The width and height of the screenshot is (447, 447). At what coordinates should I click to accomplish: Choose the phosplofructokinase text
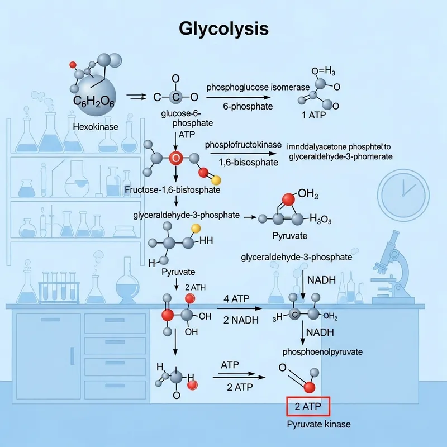243,145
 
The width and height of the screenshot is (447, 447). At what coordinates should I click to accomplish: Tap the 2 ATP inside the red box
308,407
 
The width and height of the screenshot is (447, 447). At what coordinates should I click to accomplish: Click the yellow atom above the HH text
196,228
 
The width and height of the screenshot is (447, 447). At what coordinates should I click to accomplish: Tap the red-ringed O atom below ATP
175,158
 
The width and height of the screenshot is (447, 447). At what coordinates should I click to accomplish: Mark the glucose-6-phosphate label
176,118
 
